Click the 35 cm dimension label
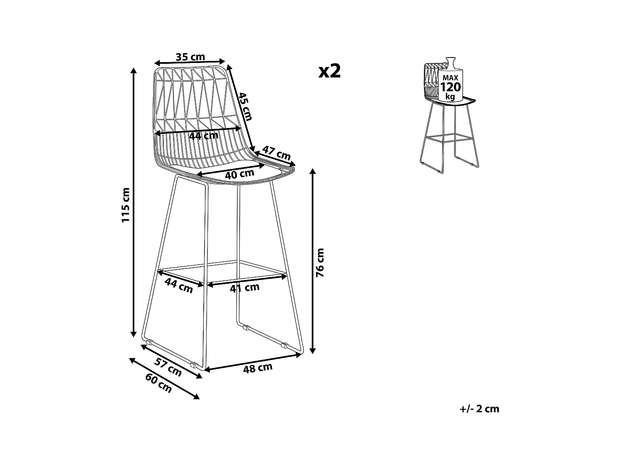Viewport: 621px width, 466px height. tap(190, 57)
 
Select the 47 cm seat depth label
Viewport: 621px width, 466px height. tap(277, 153)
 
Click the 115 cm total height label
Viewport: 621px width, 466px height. tap(125, 205)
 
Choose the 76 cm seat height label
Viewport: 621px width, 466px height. tap(320, 263)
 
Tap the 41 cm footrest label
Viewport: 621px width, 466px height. tap(245, 288)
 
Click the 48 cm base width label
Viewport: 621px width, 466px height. tap(258, 368)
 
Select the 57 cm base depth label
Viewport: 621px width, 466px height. tap(168, 367)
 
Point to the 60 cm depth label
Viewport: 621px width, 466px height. tap(159, 383)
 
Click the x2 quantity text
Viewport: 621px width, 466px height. tap(330, 71)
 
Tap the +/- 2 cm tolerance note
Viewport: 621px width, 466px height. tap(479, 409)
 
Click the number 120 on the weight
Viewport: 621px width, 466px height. tap(450, 87)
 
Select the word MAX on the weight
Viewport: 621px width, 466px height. tap(450, 78)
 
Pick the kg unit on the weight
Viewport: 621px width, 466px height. tap(450, 97)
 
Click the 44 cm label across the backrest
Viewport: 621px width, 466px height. tap(204, 136)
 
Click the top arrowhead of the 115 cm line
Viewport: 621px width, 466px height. tap(134, 71)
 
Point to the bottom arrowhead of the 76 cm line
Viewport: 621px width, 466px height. tap(312, 350)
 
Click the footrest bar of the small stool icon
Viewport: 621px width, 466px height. tap(450, 138)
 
